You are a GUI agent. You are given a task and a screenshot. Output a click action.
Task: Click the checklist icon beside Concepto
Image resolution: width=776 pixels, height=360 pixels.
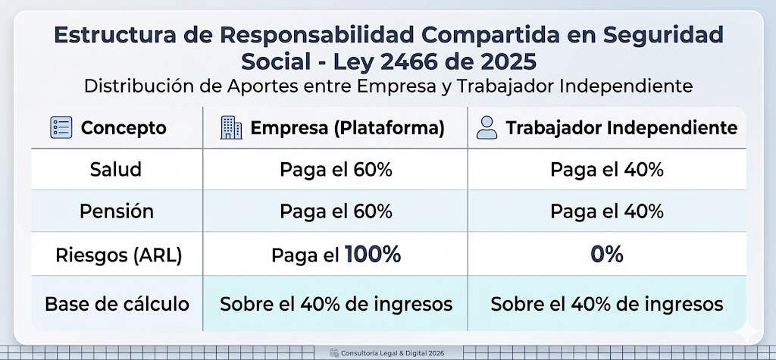click(61, 127)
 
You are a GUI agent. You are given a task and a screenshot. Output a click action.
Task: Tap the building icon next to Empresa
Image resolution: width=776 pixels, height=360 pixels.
click(231, 127)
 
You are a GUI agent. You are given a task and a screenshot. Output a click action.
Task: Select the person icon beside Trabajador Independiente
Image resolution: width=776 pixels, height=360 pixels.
click(487, 127)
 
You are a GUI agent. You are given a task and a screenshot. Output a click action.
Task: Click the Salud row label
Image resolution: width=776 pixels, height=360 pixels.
click(116, 170)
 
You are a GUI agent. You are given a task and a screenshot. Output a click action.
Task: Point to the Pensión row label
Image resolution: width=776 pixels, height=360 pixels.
click(116, 211)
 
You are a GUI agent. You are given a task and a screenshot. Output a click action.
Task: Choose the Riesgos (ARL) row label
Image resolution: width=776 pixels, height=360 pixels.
click(118, 255)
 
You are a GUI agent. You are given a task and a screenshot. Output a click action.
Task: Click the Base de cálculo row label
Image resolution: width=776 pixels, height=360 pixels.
click(117, 305)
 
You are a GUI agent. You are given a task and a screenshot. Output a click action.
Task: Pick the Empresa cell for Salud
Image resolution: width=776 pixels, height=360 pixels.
click(336, 170)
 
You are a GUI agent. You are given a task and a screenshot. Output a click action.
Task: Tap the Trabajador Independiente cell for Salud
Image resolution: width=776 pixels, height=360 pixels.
click(606, 170)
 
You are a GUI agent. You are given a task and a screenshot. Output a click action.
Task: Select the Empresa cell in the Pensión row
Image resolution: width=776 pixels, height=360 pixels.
click(336, 211)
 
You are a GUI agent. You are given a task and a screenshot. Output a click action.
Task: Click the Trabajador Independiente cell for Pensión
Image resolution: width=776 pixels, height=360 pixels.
click(606, 211)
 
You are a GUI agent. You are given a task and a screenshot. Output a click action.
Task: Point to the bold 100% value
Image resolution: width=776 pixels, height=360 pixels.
click(372, 255)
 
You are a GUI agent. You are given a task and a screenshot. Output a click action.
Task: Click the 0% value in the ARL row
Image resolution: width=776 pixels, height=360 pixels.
click(607, 255)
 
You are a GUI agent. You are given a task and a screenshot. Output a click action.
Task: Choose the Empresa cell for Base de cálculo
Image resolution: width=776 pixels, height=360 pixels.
click(336, 305)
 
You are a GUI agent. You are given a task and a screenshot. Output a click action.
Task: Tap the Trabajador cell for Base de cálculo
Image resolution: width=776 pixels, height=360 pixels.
click(606, 305)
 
